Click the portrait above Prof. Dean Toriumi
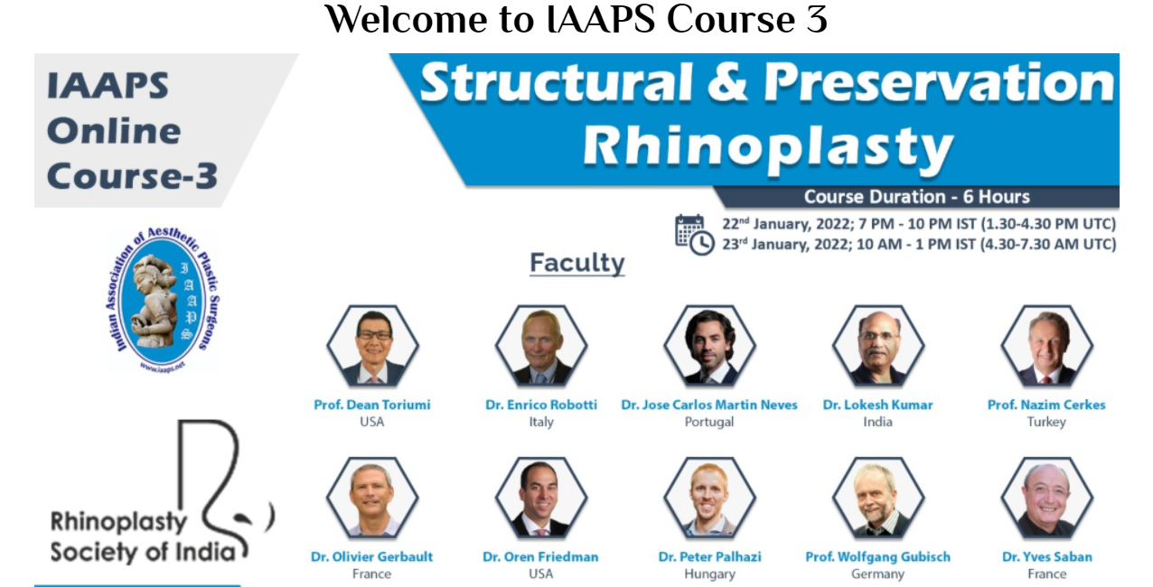(372, 345)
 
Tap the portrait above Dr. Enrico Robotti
(541, 345)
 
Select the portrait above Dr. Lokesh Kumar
(878, 345)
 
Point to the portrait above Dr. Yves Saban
(1047, 498)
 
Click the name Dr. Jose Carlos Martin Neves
(709, 405)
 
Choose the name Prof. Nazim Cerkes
(1046, 405)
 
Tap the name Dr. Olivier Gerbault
(371, 556)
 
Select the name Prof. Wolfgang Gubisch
(878, 556)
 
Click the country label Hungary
(710, 574)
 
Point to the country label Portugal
(709, 422)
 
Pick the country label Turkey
(1046, 422)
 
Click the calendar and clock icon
(694, 235)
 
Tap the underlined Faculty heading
(577, 263)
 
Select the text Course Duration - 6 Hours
(917, 197)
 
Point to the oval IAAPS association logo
(163, 300)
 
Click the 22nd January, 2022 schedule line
(919, 224)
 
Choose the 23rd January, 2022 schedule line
(919, 244)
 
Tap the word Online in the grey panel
(114, 131)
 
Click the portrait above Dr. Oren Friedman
(541, 498)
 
